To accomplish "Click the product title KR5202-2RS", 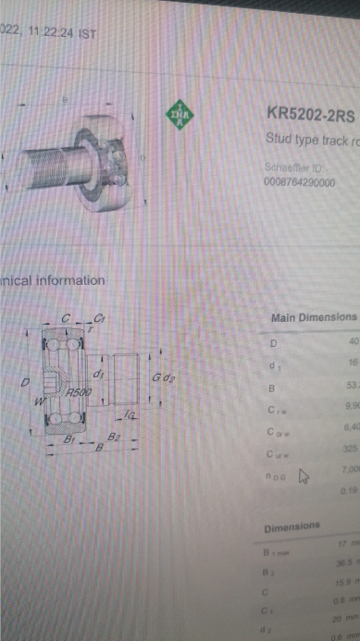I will pyautogui.click(x=309, y=114).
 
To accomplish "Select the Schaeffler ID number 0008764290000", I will pyautogui.click(x=300, y=182).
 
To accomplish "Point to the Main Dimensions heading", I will pyautogui.click(x=313, y=317).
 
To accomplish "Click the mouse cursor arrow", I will pyautogui.click(x=302, y=476).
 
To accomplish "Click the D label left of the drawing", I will pyautogui.click(x=26, y=382).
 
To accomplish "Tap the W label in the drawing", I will pyautogui.click(x=38, y=401).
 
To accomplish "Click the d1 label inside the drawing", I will pyautogui.click(x=98, y=374).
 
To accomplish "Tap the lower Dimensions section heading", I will pyautogui.click(x=292, y=527).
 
